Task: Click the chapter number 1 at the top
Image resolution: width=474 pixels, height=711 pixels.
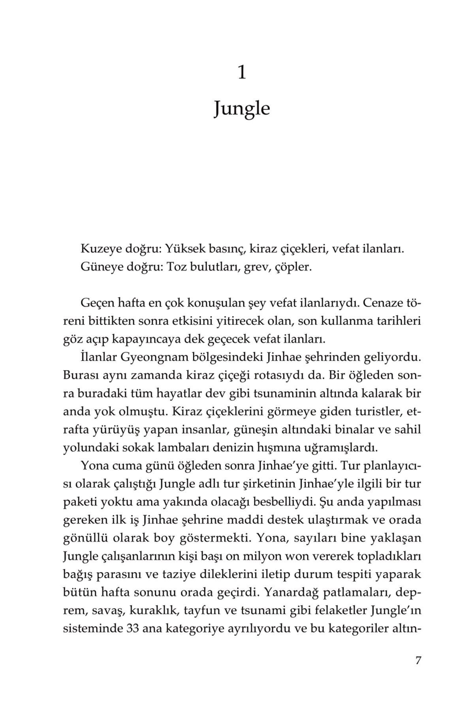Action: tap(242, 73)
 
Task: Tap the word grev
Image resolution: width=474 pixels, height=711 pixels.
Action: tap(253, 267)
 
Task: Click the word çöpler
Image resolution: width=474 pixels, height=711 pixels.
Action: tap(293, 267)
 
